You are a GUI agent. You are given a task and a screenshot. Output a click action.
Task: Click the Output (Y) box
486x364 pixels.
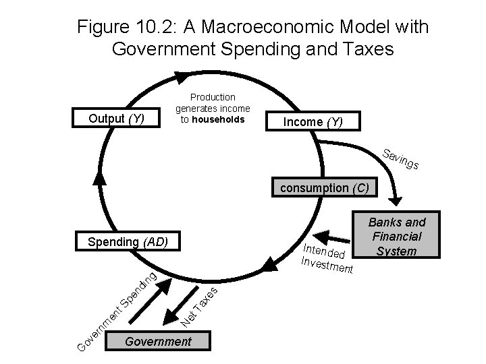pos(117,119)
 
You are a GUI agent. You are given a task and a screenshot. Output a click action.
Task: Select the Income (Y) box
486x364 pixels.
pos(313,122)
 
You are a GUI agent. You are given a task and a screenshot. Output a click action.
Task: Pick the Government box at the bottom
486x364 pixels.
pos(158,342)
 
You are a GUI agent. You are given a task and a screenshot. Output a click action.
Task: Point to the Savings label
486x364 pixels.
pos(401,158)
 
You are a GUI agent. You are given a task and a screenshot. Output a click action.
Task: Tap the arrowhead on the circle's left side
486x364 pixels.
pos(100,177)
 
